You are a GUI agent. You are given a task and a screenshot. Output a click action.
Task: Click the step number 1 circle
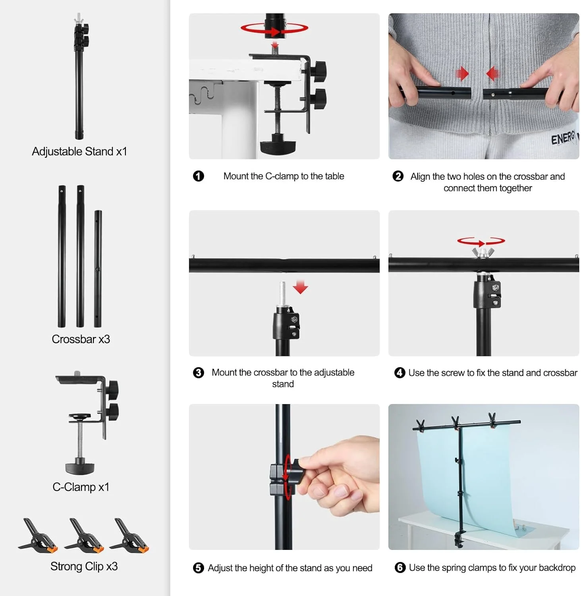[x=198, y=176]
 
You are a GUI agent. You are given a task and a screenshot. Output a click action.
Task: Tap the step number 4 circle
[x=400, y=373]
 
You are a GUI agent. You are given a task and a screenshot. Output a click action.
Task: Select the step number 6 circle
[x=400, y=567]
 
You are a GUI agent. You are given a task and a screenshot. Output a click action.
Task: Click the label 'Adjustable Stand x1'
[x=79, y=151]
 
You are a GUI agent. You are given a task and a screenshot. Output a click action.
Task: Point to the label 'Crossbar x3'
[x=81, y=339]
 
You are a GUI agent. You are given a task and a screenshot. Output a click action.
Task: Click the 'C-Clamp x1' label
[x=81, y=487]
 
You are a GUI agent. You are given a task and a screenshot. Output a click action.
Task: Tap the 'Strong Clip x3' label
[x=84, y=566]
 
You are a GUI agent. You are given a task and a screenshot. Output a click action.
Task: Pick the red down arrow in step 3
[x=300, y=287]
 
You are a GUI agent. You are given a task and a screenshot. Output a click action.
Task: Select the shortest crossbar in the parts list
[x=98, y=269]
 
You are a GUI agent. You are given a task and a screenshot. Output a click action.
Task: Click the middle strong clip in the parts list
[x=84, y=535]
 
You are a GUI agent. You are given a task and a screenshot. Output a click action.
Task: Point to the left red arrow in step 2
[x=462, y=73]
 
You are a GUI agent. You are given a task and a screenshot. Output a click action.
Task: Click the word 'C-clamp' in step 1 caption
[x=282, y=176]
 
